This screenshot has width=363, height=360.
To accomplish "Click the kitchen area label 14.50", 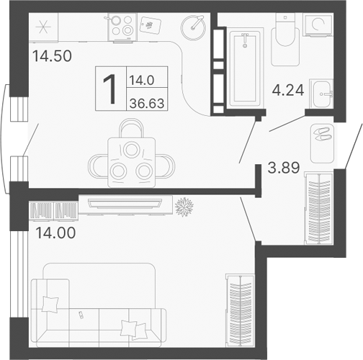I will pyautogui.click(x=52, y=55).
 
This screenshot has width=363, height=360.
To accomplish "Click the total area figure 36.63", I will pyautogui.click(x=145, y=102).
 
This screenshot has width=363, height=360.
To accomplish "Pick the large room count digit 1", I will pyautogui.click(x=109, y=89).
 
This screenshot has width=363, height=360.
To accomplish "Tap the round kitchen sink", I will pyautogui.click(x=193, y=28).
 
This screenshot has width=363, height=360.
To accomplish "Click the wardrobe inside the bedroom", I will pyautogui.click(x=240, y=302).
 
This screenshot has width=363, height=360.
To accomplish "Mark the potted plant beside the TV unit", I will pyautogui.click(x=184, y=206).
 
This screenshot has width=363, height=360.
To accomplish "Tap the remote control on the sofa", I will pyautogui.click(x=81, y=315).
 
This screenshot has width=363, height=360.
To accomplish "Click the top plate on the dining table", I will pyautogui.click(x=130, y=149).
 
